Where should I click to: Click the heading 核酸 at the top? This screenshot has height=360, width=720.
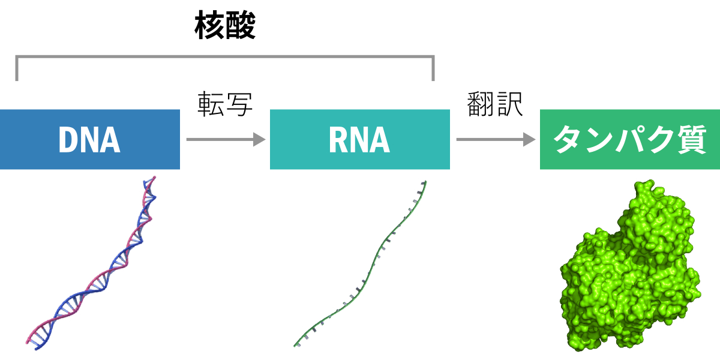[225, 27]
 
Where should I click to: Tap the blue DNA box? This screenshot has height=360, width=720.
[90, 139]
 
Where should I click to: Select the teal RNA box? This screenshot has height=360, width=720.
[359, 139]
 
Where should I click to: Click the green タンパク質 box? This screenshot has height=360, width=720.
[629, 139]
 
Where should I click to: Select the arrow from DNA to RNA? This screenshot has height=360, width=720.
[225, 140]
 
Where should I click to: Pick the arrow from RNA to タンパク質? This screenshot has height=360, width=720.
[495, 140]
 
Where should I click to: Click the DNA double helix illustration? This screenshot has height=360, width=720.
[90, 264]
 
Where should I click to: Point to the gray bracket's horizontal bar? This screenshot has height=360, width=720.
[225, 58]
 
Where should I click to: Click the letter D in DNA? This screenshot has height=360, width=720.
[68, 140]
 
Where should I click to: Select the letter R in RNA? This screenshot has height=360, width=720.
[338, 140]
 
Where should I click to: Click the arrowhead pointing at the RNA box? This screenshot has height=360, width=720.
[259, 140]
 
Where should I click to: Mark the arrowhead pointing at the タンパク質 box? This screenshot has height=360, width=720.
[529, 140]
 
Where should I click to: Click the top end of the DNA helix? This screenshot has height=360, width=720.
[154, 178]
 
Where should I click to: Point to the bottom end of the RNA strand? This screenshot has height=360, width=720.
[296, 345]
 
